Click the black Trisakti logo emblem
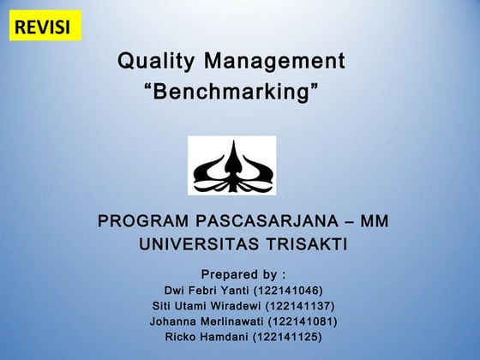click(x=231, y=165)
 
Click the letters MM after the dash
click(x=375, y=222)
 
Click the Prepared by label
click(x=243, y=274)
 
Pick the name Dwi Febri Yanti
click(x=203, y=291)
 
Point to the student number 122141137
click(x=300, y=306)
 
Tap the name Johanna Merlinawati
click(x=203, y=321)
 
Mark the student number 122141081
click(x=303, y=321)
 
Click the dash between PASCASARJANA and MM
click(x=347, y=222)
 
